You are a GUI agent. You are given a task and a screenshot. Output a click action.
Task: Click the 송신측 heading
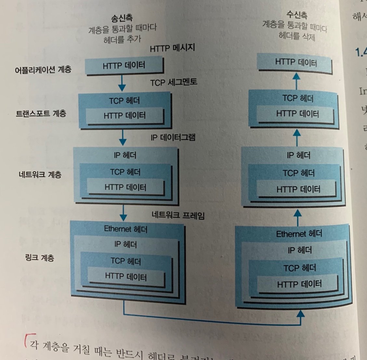click(122, 18)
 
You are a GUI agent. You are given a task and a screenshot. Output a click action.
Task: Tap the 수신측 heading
click(296, 15)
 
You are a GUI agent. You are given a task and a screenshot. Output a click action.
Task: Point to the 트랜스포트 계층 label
click(41, 114)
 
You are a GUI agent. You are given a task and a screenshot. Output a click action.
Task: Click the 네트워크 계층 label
click(40, 174)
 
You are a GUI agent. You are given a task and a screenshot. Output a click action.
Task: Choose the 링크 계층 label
click(40, 258)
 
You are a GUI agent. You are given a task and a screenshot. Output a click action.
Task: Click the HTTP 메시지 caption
click(172, 48)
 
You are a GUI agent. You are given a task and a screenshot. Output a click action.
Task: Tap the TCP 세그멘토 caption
click(174, 82)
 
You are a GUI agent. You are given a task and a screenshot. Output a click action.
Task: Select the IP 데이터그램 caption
click(173, 137)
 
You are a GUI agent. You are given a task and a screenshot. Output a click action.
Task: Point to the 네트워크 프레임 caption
click(178, 215)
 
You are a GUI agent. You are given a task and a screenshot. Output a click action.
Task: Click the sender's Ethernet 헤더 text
click(126, 229)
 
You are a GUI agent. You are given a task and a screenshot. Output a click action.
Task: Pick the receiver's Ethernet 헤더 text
click(299, 234)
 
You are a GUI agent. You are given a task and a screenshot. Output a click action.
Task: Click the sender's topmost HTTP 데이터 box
click(124, 66)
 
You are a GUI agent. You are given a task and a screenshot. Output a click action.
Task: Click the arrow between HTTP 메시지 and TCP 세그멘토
click(122, 83)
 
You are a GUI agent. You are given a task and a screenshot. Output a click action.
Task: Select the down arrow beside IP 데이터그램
click(123, 138)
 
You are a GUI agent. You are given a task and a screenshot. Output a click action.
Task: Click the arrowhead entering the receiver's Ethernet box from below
click(301, 313)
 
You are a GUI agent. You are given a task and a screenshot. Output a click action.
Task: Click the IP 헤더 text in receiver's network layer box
click(298, 155)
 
